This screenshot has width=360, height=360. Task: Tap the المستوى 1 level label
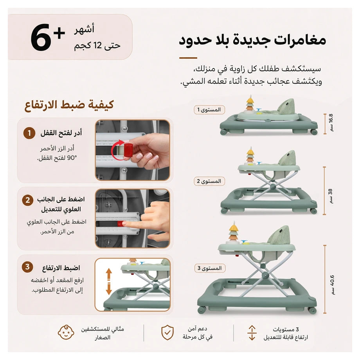(x=209, y=110)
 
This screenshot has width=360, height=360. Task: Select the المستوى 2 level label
(x=209, y=181)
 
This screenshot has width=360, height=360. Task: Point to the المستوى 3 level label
(x=210, y=268)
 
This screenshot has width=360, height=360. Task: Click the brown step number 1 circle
(x=29, y=133)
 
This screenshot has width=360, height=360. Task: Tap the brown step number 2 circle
(x=27, y=200)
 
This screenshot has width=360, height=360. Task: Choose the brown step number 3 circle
(x=27, y=267)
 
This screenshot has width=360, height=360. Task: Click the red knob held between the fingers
(x=128, y=150)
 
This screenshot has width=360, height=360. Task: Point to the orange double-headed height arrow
(x=109, y=281)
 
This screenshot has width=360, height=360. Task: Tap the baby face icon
(x=66, y=333)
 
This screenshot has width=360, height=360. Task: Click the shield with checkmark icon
(x=167, y=332)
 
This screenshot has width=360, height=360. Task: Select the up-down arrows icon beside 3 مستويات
(x=252, y=333)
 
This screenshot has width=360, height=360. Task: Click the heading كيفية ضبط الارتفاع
(x=69, y=105)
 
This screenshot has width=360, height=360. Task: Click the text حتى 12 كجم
(x=97, y=46)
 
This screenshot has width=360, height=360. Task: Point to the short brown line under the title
(x=188, y=58)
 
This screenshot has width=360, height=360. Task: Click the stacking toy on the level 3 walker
(x=234, y=233)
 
